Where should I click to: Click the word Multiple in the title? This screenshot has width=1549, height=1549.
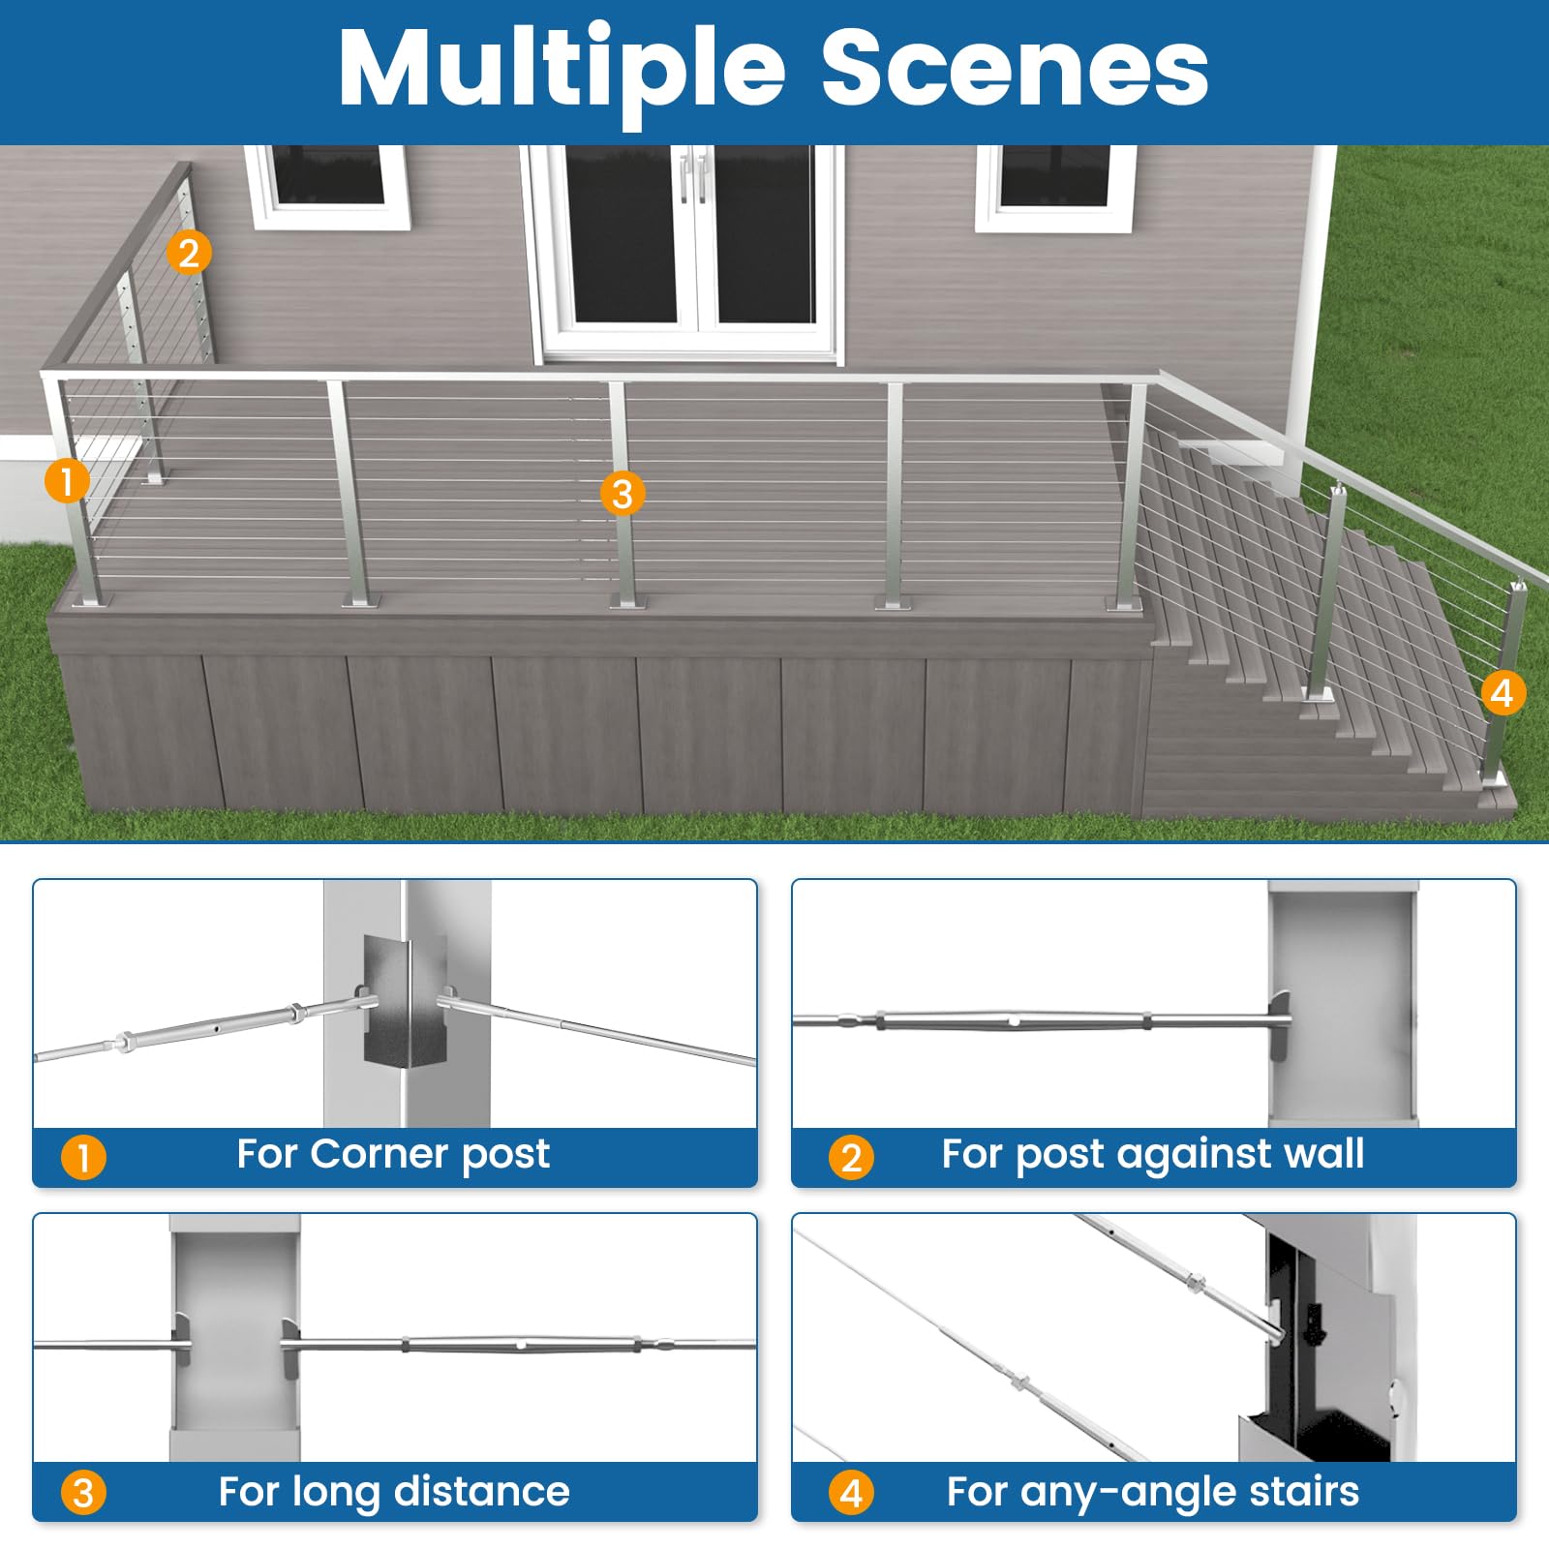pos(562,70)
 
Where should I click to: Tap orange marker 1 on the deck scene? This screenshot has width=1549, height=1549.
pos(67,480)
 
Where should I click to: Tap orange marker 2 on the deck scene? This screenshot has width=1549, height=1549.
pos(188,254)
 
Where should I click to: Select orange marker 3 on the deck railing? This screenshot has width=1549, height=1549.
pos(623,494)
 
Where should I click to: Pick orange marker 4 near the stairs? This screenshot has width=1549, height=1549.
pos(1503,692)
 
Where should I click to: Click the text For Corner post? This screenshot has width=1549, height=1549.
pos(393,1154)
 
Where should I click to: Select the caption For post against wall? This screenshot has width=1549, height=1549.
pos(1152,1154)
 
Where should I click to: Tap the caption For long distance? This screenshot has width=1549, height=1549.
pos(393,1492)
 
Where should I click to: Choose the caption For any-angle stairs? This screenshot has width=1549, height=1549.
pos(1152,1492)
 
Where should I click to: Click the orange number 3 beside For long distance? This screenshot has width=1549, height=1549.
pos(83,1493)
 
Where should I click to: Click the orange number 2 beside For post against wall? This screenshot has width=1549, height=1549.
pos(851,1157)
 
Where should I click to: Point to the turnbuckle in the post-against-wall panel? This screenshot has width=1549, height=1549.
pos(1012,1020)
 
